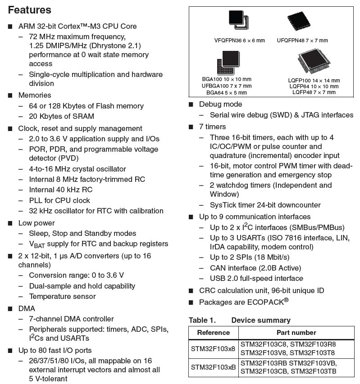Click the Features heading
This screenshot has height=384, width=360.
30,10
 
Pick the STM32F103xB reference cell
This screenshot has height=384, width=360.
213,366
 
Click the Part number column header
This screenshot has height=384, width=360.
296,332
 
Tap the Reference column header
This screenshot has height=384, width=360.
213,332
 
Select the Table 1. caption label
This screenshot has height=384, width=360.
202,320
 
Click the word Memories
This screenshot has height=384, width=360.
35,95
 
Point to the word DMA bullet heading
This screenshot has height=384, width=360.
27,308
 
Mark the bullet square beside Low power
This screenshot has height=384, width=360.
10,223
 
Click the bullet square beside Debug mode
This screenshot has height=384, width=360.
191,104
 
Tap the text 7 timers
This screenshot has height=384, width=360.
212,126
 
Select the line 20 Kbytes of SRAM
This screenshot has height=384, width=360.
61,116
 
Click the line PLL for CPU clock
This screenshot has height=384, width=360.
59,200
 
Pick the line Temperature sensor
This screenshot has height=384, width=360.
62,296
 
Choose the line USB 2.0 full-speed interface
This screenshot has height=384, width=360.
256,278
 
